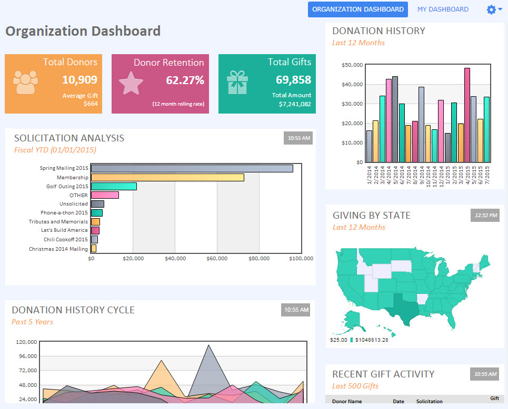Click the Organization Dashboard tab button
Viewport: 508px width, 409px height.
click(357, 9)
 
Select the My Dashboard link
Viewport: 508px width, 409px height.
click(443, 9)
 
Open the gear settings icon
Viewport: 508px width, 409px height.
click(491, 9)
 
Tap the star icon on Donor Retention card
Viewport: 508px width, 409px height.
click(131, 83)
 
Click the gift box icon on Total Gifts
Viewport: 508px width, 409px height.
click(237, 83)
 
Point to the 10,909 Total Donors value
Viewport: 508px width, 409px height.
click(79, 79)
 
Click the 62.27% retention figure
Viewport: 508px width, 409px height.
click(185, 80)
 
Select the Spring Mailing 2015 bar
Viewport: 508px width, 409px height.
click(192, 168)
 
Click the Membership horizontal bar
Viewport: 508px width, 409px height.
click(167, 177)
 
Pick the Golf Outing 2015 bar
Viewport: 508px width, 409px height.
click(114, 187)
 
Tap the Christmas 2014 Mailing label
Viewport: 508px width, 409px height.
click(58, 249)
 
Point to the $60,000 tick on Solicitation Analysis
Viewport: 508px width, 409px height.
click(217, 259)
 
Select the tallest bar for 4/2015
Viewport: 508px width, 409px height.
click(467, 115)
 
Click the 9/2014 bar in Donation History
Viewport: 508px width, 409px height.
click(421, 125)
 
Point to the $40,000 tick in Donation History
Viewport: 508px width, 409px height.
click(352, 85)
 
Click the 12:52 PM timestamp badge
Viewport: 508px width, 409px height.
click(485, 216)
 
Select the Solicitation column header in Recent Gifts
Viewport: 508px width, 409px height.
click(429, 401)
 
